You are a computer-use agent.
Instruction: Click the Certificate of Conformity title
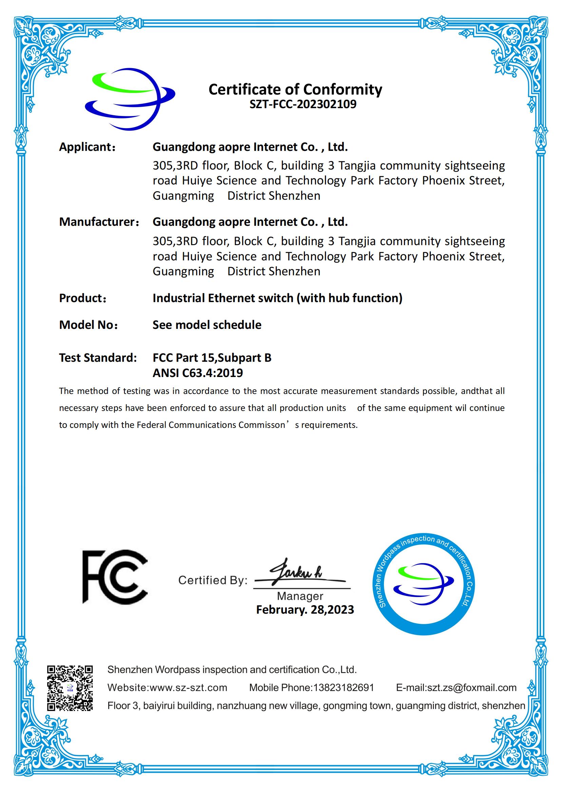(x=295, y=90)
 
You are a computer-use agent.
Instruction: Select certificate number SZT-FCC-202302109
(x=303, y=104)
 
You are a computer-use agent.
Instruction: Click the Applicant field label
(x=87, y=147)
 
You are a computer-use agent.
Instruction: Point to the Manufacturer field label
(x=99, y=222)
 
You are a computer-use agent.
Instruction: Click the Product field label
(x=82, y=298)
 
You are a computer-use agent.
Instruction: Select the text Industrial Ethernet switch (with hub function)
(x=277, y=298)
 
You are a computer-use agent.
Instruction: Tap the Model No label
(x=89, y=325)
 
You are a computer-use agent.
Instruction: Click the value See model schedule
(x=207, y=325)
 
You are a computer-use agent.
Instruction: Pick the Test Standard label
(x=98, y=357)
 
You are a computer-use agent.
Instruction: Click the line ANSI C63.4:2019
(x=198, y=373)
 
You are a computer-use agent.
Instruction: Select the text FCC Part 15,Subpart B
(x=212, y=357)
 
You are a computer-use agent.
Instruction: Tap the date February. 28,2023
(x=305, y=610)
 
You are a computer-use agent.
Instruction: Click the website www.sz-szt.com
(x=188, y=688)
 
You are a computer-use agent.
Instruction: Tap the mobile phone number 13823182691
(x=343, y=688)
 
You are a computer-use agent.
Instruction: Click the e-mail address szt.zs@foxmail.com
(x=471, y=688)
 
